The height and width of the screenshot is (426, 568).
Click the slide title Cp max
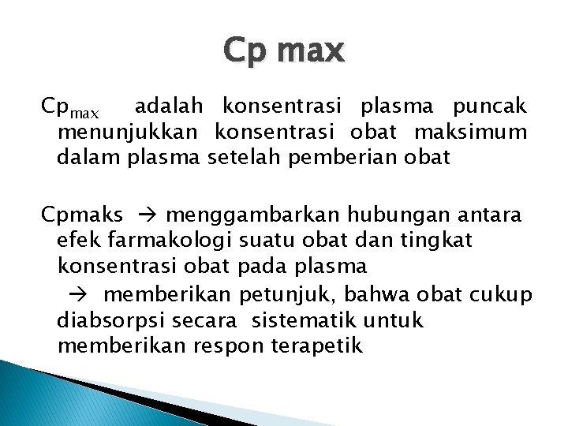pos(284,51)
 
